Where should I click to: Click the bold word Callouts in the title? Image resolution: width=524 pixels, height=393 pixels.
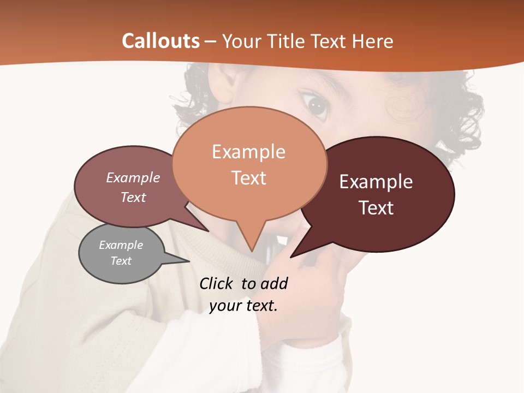pyautogui.click(x=160, y=41)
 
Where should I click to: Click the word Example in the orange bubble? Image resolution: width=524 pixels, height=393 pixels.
pyautogui.click(x=248, y=152)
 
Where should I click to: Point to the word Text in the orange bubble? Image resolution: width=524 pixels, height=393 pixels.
pyautogui.click(x=249, y=178)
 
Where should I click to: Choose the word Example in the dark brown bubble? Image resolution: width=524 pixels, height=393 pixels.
pyautogui.click(x=376, y=182)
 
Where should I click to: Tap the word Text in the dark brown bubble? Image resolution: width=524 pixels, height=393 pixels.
pyautogui.click(x=377, y=208)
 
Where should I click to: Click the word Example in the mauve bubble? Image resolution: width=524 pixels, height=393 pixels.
pyautogui.click(x=133, y=177)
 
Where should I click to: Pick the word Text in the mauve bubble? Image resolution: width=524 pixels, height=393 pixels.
pyautogui.click(x=133, y=197)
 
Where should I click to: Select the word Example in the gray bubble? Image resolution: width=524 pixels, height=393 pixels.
pyautogui.click(x=121, y=245)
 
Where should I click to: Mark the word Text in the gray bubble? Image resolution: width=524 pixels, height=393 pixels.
pyautogui.click(x=121, y=261)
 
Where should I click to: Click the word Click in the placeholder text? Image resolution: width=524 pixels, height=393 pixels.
pyautogui.click(x=218, y=283)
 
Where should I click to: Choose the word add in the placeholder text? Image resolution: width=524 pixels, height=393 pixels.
pyautogui.click(x=274, y=283)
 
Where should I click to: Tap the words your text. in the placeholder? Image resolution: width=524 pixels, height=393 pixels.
pyautogui.click(x=243, y=306)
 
